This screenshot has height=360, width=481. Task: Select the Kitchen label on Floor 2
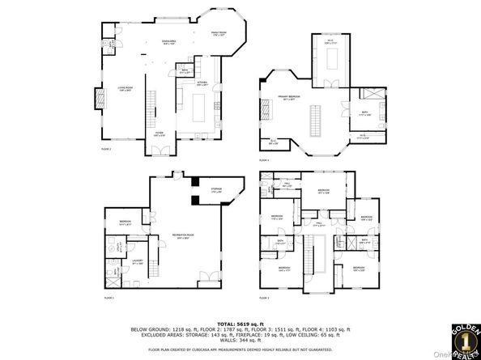click(x=202, y=83)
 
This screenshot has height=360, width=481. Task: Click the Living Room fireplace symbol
click(x=100, y=99)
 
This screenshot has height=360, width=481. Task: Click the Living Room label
click(x=126, y=91)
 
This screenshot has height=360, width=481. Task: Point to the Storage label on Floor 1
click(x=216, y=191)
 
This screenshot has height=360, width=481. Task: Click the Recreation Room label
click(x=181, y=236)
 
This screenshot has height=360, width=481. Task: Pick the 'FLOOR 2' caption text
click(x=106, y=149)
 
